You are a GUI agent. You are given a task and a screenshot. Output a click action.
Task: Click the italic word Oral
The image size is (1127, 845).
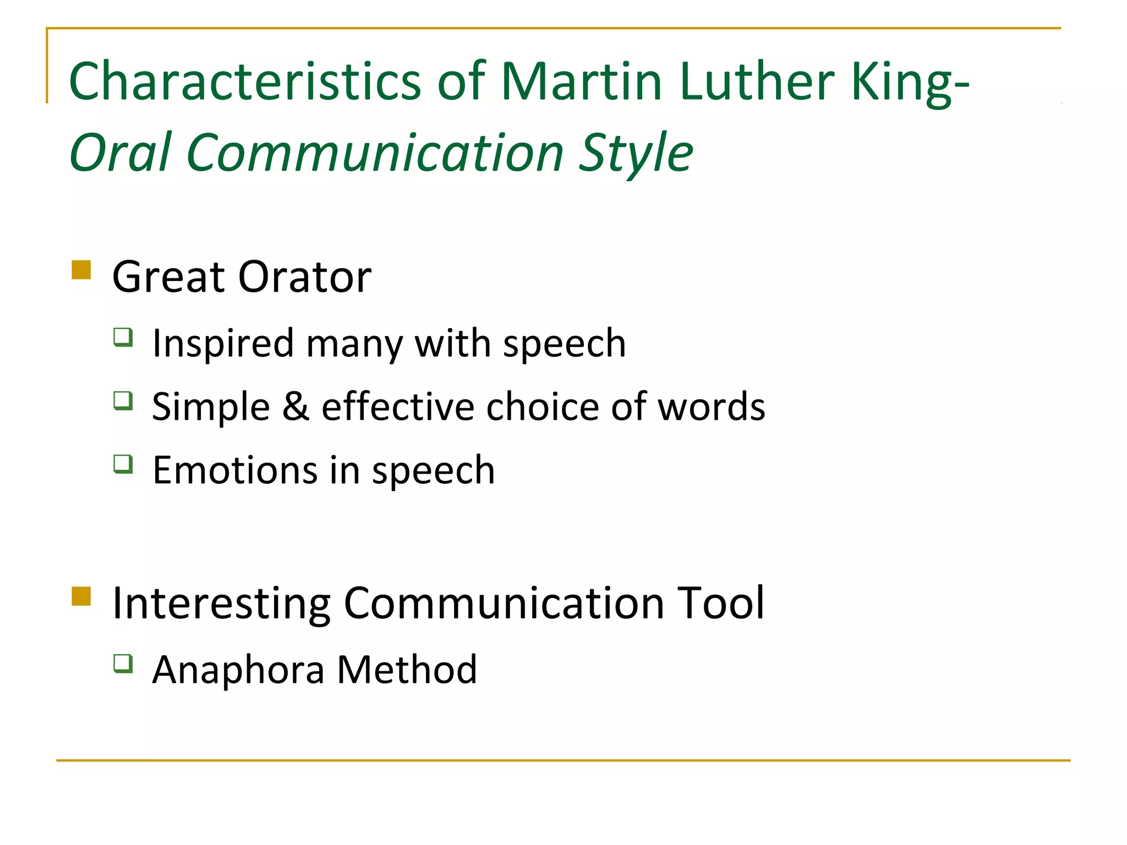[x=121, y=152]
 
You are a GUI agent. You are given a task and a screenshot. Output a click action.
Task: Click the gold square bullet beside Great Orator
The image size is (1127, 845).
[x=81, y=270]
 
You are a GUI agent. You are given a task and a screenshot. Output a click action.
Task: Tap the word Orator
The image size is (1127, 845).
[x=305, y=277]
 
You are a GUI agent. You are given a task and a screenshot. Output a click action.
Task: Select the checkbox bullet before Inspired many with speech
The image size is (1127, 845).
[x=123, y=337]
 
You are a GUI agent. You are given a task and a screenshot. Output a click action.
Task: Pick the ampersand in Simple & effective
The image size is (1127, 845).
[x=296, y=407]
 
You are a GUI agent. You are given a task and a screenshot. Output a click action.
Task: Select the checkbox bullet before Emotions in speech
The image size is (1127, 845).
[x=123, y=464]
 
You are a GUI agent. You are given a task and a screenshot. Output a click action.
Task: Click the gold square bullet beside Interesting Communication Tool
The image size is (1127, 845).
[x=81, y=596]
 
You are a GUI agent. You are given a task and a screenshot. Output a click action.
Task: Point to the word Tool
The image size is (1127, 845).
[x=720, y=603]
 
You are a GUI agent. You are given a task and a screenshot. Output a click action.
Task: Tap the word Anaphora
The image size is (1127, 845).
[x=238, y=670]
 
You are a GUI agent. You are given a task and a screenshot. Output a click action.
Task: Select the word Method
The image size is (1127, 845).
[x=407, y=670]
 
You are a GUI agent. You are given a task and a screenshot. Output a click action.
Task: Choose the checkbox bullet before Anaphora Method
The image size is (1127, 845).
[x=123, y=663]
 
